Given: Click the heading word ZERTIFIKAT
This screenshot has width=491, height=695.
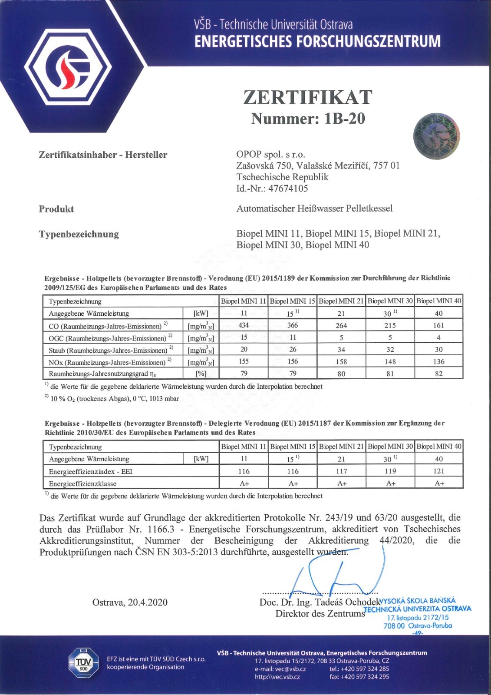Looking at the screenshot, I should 307,97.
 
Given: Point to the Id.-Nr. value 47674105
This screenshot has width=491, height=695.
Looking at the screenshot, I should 288,189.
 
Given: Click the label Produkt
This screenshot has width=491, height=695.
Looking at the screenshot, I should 56,209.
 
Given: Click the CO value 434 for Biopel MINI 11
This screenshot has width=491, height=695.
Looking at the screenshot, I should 244,325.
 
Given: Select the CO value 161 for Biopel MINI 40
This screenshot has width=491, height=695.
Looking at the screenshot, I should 438,325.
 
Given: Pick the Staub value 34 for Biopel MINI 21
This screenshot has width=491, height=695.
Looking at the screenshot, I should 341,350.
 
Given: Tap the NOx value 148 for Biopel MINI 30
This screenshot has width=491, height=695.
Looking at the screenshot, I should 390,361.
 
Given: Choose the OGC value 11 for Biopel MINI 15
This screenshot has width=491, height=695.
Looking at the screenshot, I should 293,338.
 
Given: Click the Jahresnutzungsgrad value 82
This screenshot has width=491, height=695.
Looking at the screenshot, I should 438,374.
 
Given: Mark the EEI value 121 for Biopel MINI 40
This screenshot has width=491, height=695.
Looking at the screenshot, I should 438,471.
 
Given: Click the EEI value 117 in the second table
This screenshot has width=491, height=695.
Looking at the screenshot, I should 341,471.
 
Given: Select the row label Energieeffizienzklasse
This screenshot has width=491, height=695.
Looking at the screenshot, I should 82,483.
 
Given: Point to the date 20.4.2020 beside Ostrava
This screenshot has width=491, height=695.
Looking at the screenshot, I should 148,602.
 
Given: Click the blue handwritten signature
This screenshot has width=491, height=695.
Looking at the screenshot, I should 334,573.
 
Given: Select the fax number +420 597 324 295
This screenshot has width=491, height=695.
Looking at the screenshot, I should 366,676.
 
